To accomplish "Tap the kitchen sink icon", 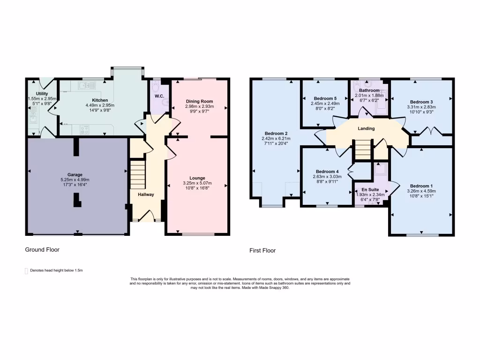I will [87, 86].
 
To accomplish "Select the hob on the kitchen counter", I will [85, 130].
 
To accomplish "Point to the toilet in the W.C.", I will [157, 88].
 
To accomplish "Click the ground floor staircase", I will [137, 174].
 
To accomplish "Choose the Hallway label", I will [146, 195].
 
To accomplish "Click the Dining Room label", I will [200, 101].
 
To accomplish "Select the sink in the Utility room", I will [33, 113].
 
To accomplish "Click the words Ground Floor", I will [42, 250].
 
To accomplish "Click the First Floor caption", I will [262, 251].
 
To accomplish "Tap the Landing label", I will [366, 128].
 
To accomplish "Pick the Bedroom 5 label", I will [325, 98].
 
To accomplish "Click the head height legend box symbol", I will [26, 270].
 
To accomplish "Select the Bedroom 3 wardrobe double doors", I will [431, 131].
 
